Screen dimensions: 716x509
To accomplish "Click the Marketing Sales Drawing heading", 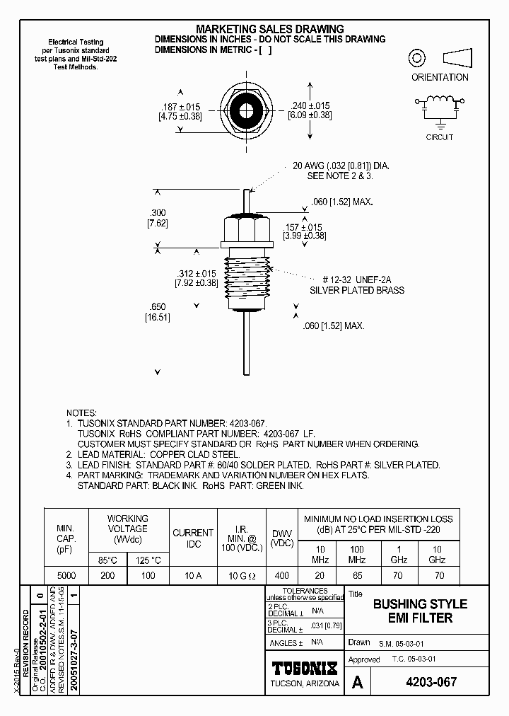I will (x=269, y=29).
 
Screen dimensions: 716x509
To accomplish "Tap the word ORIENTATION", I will (x=440, y=77).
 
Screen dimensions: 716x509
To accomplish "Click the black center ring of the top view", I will (x=247, y=111).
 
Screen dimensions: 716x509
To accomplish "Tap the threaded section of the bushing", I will (x=247, y=282).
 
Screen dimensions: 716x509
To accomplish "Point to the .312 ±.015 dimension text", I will (x=195, y=274).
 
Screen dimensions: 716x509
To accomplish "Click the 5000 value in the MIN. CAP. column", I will (x=66, y=576).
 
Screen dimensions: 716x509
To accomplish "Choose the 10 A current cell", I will (x=193, y=576).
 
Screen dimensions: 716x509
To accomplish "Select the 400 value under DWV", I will (x=281, y=576).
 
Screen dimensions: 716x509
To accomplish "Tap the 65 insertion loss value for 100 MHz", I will (x=358, y=576).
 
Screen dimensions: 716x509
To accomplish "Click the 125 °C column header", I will (x=147, y=560).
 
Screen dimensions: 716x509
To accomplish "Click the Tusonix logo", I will (x=305, y=668).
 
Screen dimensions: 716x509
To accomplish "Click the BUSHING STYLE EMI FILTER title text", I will (x=420, y=611).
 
